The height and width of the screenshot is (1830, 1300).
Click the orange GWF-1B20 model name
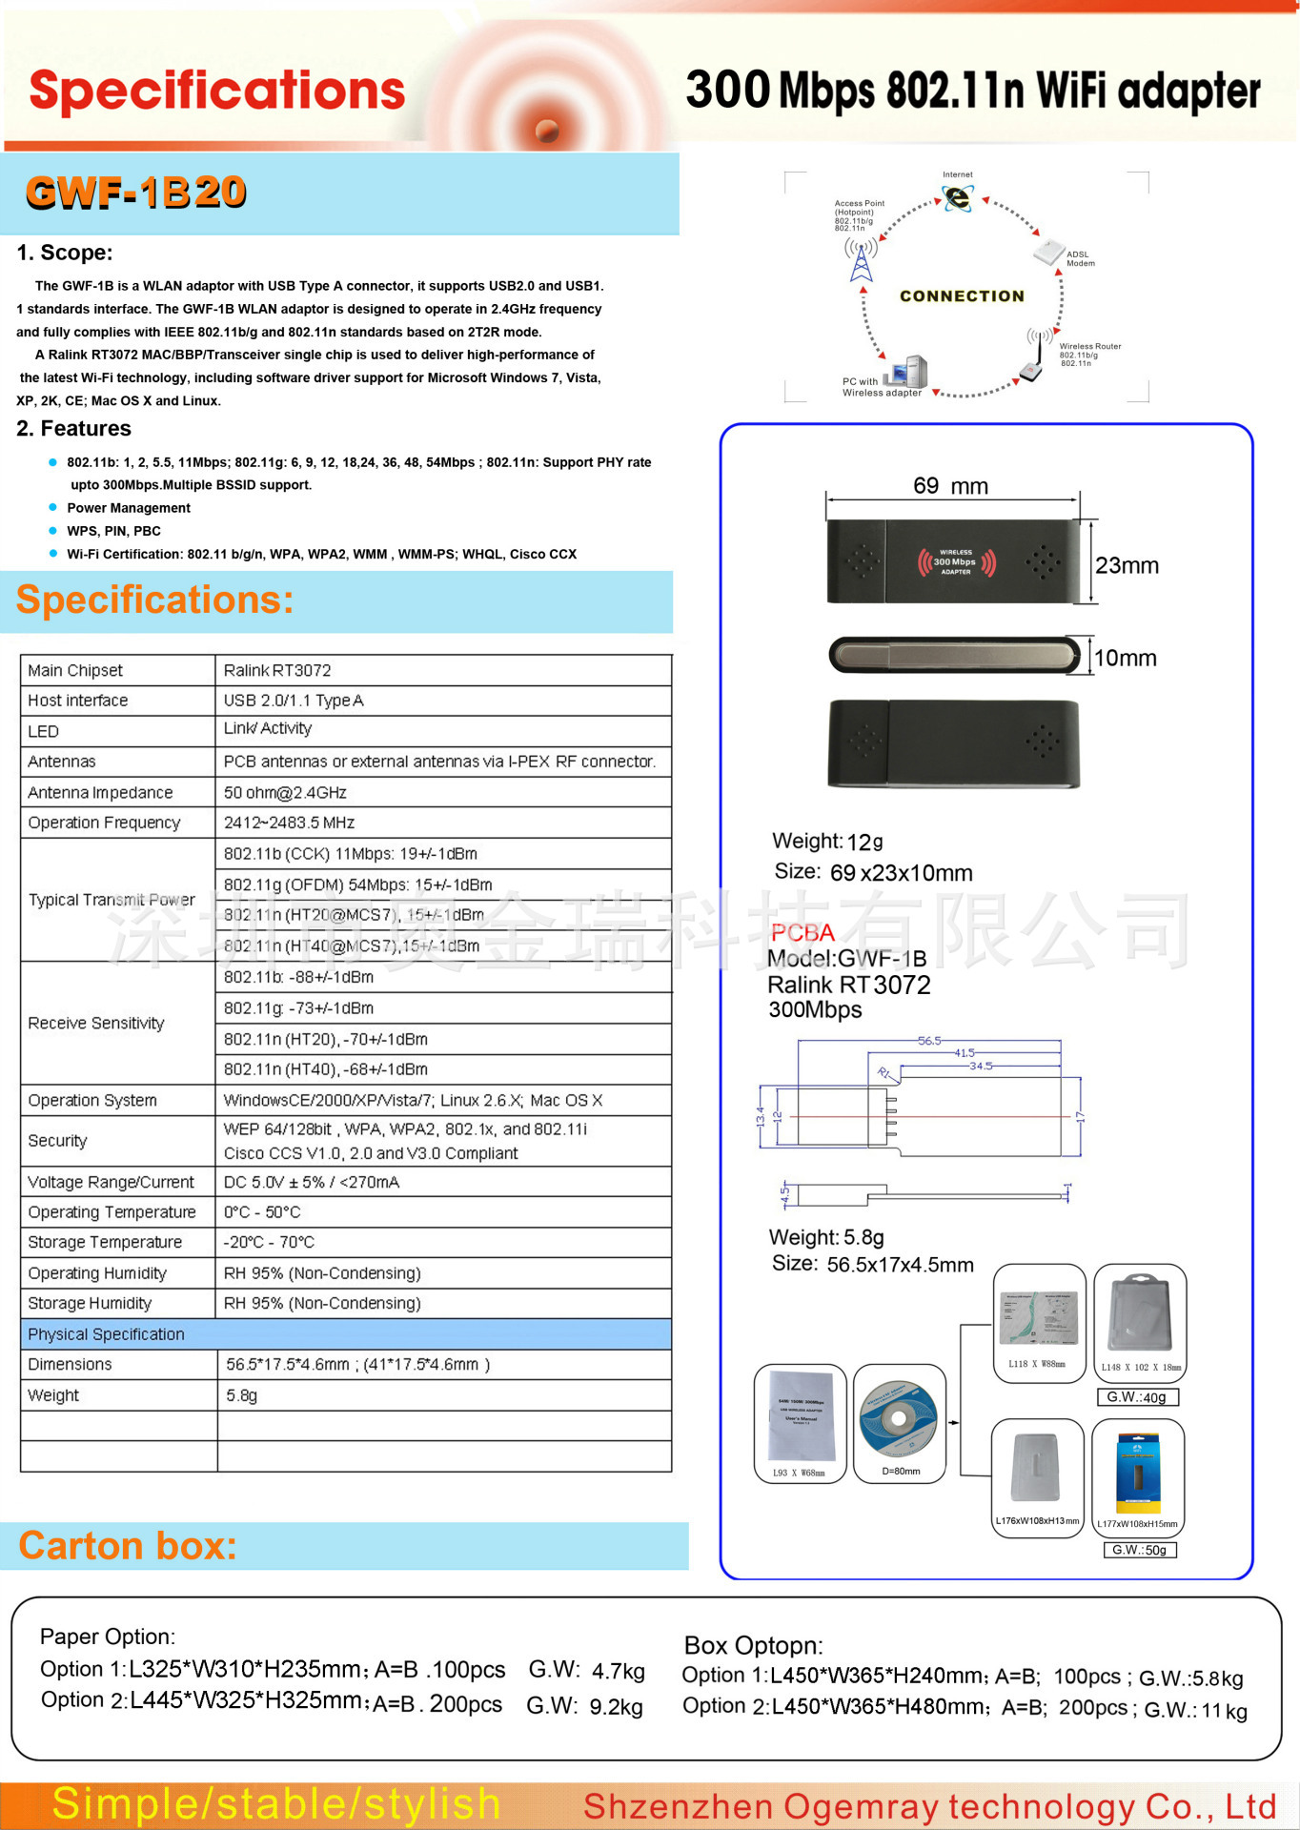tap(135, 193)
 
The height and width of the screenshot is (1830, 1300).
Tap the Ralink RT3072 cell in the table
tap(277, 670)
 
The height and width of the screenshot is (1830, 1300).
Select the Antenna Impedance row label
tap(100, 792)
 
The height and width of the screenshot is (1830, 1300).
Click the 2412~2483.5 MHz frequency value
tap(289, 823)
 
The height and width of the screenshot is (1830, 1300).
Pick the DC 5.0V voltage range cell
tap(312, 1182)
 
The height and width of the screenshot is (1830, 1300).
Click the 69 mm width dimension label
tap(950, 486)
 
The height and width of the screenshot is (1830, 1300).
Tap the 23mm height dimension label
tap(1127, 565)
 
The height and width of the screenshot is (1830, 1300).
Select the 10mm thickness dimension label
tap(1125, 658)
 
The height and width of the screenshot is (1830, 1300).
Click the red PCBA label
tap(802, 932)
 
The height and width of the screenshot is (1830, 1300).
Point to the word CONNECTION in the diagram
tap(962, 296)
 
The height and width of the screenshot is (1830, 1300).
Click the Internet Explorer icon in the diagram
tap(957, 197)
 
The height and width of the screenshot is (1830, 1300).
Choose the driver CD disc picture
tap(898, 1418)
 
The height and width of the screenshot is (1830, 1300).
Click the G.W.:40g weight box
tap(1138, 1397)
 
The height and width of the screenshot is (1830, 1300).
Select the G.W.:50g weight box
tap(1139, 1550)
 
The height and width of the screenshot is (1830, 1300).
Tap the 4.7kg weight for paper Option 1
tap(618, 1671)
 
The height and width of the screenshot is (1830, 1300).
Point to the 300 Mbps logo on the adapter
tap(956, 562)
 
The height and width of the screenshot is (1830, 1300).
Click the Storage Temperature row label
tap(105, 1242)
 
